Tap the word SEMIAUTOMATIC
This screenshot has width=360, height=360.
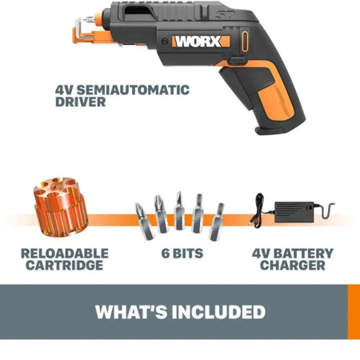pyautogui.click(x=134, y=90)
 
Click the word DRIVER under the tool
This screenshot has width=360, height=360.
pyautogui.click(x=81, y=102)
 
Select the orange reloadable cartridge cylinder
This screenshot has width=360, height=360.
pyautogui.click(x=60, y=207)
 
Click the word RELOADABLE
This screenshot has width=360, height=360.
pyautogui.click(x=65, y=254)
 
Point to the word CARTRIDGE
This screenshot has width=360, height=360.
pyautogui.click(x=65, y=266)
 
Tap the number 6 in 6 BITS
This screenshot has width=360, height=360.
pyautogui.click(x=166, y=254)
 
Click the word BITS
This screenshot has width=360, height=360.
pyautogui.click(x=188, y=254)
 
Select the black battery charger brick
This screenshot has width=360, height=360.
pyautogui.click(x=294, y=212)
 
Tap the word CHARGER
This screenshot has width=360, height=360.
pyautogui.click(x=293, y=266)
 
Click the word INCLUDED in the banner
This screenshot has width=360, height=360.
pyautogui.click(x=218, y=312)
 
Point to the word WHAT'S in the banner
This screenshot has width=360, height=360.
pyautogui.click(x=131, y=312)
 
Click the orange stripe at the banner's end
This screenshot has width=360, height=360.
pyautogui.click(x=354, y=312)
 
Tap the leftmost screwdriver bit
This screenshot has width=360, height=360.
pyautogui.click(x=145, y=222)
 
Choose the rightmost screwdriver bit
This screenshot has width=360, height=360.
pyautogui.click(x=217, y=222)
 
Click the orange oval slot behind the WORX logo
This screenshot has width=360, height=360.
pyautogui.click(x=245, y=42)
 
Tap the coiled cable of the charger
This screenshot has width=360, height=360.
pyautogui.click(x=258, y=210)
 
